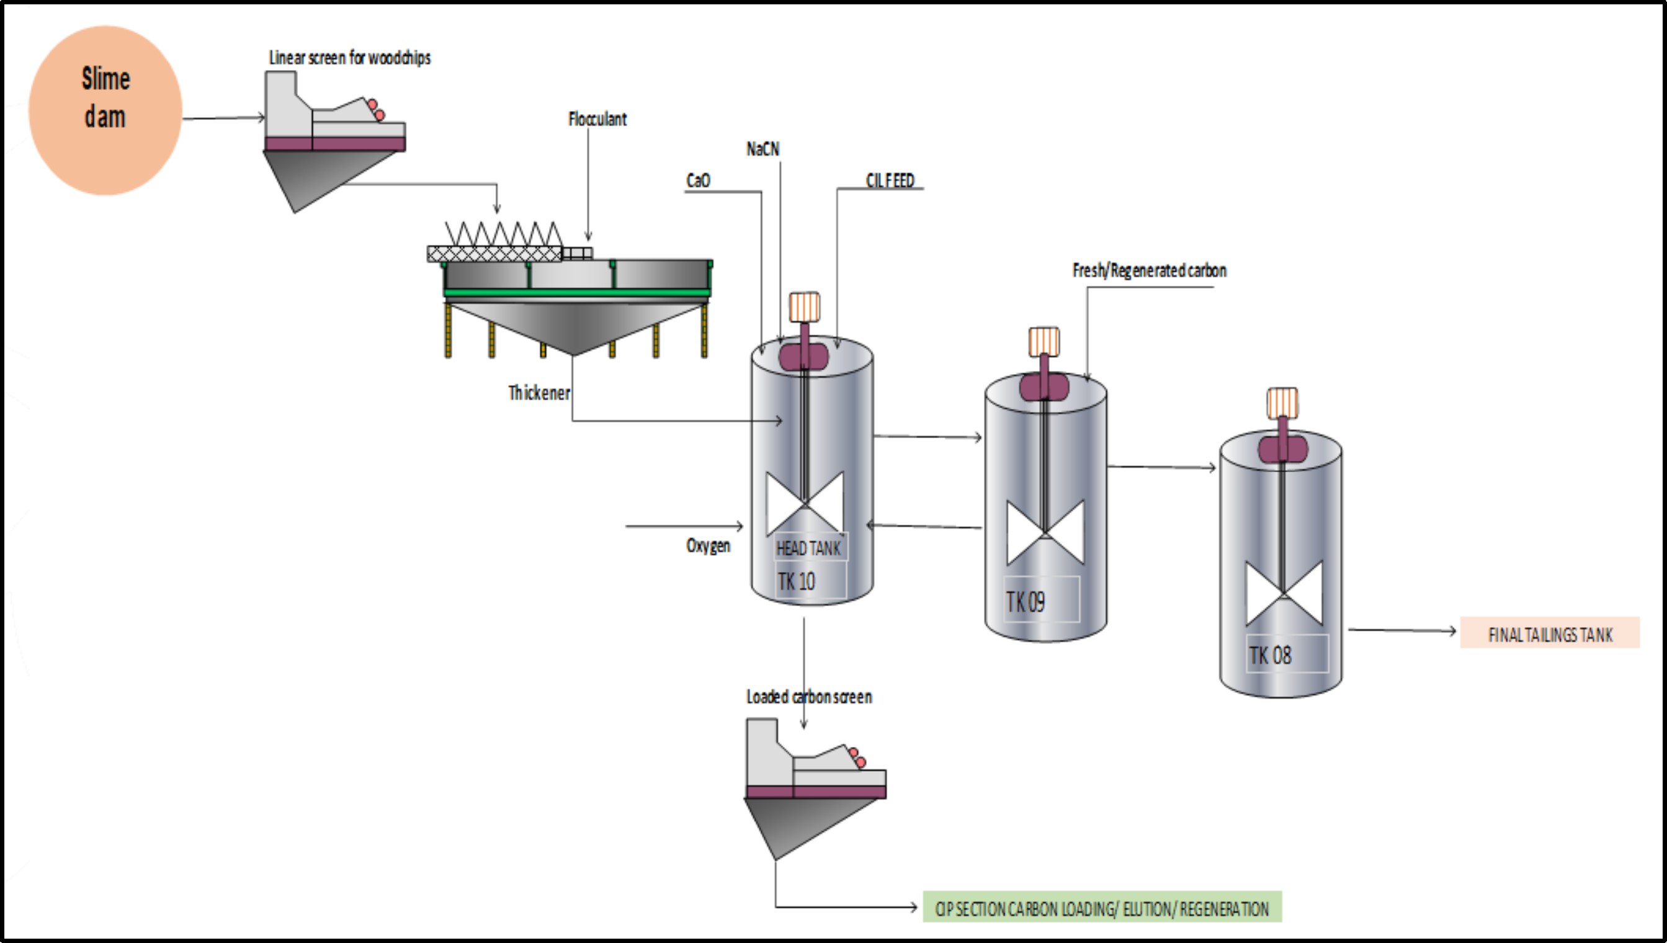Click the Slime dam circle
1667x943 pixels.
(x=105, y=110)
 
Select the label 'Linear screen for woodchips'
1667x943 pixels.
(x=350, y=58)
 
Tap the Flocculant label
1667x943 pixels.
(x=597, y=119)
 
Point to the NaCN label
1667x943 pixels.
(x=763, y=150)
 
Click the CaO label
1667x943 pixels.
(x=698, y=180)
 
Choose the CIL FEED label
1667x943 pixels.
(x=890, y=181)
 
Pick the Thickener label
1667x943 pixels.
(x=539, y=393)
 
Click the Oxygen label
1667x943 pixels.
(x=708, y=545)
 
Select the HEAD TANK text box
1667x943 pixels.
(x=808, y=548)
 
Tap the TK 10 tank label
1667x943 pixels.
(x=797, y=581)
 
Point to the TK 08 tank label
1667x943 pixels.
(x=1270, y=655)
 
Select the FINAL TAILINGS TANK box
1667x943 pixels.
(x=1550, y=634)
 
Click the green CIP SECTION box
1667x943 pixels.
(x=1102, y=909)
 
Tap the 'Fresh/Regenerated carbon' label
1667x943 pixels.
(x=1149, y=270)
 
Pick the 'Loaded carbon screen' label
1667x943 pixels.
(x=809, y=697)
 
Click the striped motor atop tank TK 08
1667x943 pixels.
(x=1282, y=402)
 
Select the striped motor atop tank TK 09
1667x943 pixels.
(x=1044, y=341)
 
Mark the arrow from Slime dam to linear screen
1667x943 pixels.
(x=223, y=118)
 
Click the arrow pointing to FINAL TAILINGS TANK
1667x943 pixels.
(x=1402, y=630)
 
